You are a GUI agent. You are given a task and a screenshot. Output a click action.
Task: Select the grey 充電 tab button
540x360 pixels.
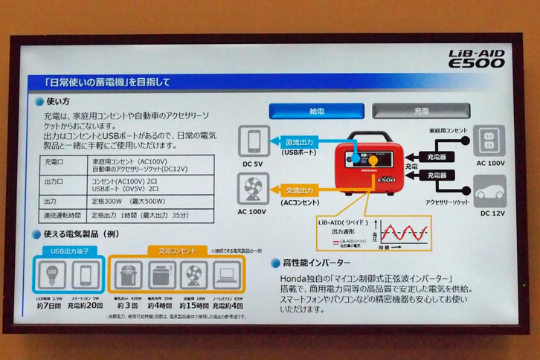click(x=421, y=111)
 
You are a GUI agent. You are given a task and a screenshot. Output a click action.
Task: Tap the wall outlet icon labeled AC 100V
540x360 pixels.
click(x=489, y=140)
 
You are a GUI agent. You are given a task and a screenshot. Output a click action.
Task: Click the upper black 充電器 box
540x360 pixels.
click(x=437, y=156)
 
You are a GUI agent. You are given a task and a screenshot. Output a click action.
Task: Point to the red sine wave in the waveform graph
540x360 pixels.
click(x=402, y=231)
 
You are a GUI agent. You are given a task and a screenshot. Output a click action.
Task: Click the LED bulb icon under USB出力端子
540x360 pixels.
click(x=51, y=274)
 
